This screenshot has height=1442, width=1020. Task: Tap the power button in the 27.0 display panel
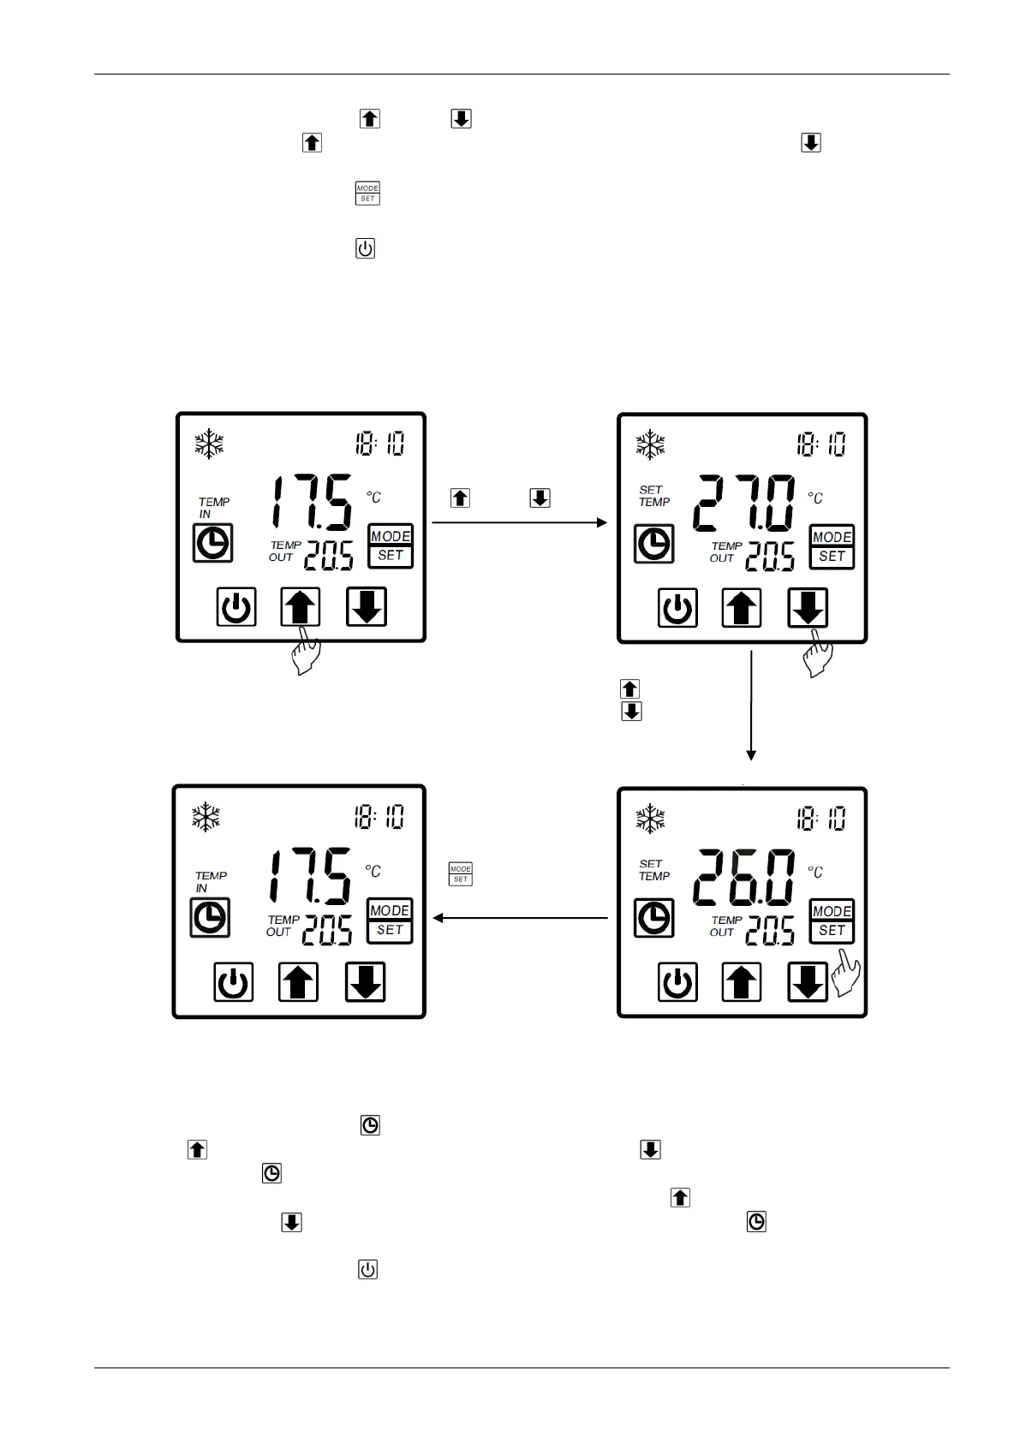tap(677, 609)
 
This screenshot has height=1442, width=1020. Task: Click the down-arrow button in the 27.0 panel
tap(808, 608)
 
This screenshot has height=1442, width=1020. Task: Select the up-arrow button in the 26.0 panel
tap(742, 982)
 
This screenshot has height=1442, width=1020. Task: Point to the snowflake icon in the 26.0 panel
tap(651, 819)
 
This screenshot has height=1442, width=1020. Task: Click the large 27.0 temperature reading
tap(743, 504)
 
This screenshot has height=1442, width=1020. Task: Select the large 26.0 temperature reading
tap(743, 878)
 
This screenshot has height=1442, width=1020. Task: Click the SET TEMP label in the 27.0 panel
tap(653, 497)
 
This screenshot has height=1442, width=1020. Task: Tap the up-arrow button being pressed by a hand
tap(301, 607)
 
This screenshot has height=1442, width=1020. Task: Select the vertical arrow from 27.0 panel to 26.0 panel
tap(751, 706)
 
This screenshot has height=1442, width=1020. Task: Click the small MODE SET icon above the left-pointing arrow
tap(461, 874)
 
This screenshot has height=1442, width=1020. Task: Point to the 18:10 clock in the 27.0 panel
tap(820, 444)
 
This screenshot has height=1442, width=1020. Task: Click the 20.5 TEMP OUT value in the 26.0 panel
tap(770, 931)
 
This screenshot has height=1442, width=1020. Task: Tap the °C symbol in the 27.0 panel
tap(814, 498)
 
